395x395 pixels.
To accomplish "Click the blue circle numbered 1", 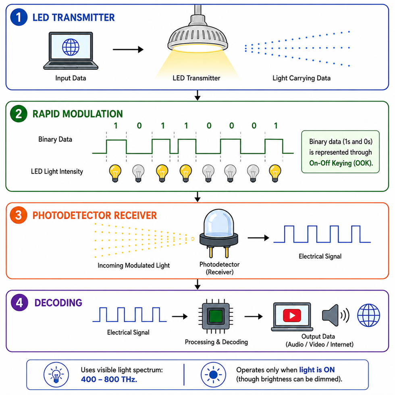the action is [x=19, y=17].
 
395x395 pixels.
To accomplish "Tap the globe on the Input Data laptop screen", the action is [x=71, y=47].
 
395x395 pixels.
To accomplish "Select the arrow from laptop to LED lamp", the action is [x=128, y=49].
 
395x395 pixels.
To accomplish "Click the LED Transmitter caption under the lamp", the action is [x=196, y=78].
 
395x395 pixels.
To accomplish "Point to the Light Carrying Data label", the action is [x=301, y=78].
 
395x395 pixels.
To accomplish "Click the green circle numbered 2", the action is [x=19, y=114].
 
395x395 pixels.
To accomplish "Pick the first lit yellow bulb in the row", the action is [x=115, y=173].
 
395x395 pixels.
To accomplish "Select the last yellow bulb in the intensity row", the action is [x=275, y=173].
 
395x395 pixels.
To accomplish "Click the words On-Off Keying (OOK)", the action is [x=341, y=163].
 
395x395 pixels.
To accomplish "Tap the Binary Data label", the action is [x=55, y=139].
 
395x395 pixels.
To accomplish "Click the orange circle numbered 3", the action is [x=19, y=215].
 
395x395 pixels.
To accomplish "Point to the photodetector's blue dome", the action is [x=218, y=222].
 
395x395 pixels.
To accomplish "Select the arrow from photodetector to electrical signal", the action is [x=258, y=237].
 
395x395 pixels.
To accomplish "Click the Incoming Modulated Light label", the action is [x=133, y=266].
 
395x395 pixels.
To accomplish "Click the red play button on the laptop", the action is [x=292, y=315].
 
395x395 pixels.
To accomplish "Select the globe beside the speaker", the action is [x=368, y=315].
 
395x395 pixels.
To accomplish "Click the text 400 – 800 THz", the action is [x=109, y=379].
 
